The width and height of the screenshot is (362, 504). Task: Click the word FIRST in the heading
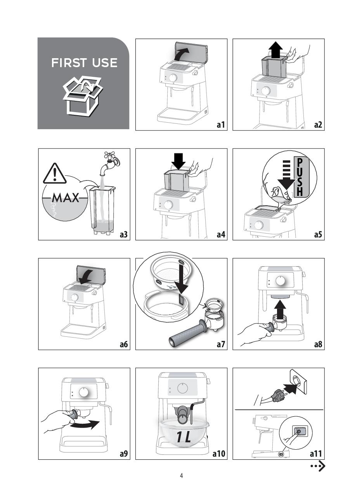click(69, 63)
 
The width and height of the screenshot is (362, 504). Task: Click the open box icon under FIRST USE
click(83, 96)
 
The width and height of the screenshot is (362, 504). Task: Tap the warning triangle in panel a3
click(54, 173)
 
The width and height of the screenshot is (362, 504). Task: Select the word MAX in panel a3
click(66, 198)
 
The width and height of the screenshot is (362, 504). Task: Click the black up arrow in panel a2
click(276, 50)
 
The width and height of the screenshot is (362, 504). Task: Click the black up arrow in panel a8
click(280, 310)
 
